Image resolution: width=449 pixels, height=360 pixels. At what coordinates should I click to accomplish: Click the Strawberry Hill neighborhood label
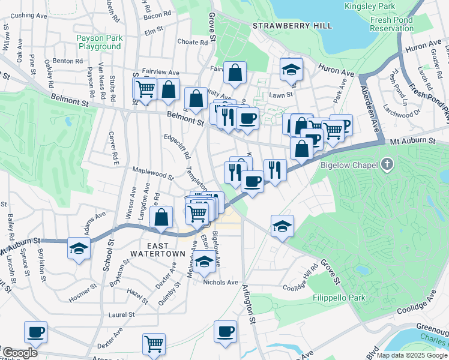pyautogui.click(x=283, y=26)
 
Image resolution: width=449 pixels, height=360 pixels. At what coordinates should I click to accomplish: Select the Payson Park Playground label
pyautogui.click(x=100, y=42)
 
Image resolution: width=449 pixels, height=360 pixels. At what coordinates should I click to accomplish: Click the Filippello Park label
pyautogui.click(x=339, y=298)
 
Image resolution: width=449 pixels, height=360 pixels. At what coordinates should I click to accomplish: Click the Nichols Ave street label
pyautogui.click(x=221, y=283)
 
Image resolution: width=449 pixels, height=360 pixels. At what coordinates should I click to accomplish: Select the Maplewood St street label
pyautogui.click(x=152, y=173)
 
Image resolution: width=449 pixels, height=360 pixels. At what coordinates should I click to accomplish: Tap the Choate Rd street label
pyautogui.click(x=192, y=42)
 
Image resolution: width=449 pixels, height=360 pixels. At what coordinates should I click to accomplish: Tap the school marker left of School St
pyautogui.click(x=78, y=247)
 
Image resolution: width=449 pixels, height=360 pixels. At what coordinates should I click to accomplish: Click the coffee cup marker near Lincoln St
pyautogui.click(x=35, y=331)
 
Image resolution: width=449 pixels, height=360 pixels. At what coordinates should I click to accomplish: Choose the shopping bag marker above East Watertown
pyautogui.click(x=161, y=217)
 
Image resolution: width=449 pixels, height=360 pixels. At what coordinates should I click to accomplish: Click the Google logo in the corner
pyautogui.click(x=19, y=353)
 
